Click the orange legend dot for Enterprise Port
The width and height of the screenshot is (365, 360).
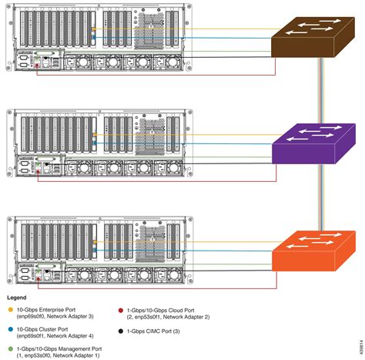(x=11, y=308)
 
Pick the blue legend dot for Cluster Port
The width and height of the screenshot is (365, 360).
(x=11, y=328)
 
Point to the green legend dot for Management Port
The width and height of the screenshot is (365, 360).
(x=11, y=348)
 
